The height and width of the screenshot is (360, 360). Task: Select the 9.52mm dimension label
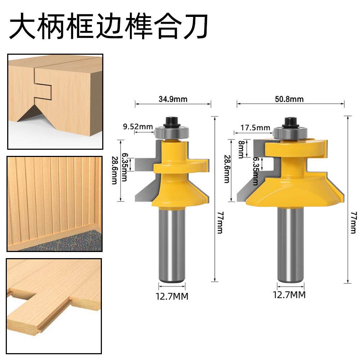[x=138, y=126]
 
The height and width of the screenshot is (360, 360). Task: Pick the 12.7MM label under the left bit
[x=172, y=296]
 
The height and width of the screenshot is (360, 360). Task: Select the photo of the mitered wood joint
[x=55, y=102]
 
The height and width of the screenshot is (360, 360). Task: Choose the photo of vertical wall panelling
[x=55, y=203]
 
